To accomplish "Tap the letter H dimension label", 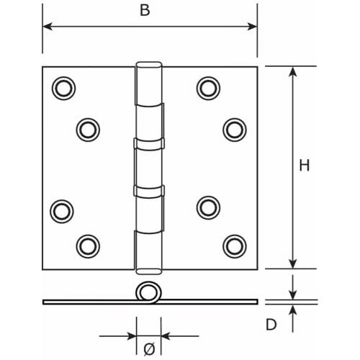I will pyautogui.click(x=304, y=165).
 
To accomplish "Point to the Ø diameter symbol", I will pyautogui.click(x=148, y=349).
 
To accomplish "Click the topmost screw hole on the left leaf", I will pyautogui.click(x=63, y=87).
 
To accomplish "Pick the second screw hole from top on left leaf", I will pyautogui.click(x=87, y=129).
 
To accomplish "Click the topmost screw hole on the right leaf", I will pyautogui.click(x=208, y=87).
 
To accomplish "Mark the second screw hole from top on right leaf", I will pyautogui.click(x=233, y=129).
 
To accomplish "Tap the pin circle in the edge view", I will pyautogui.click(x=148, y=293).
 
